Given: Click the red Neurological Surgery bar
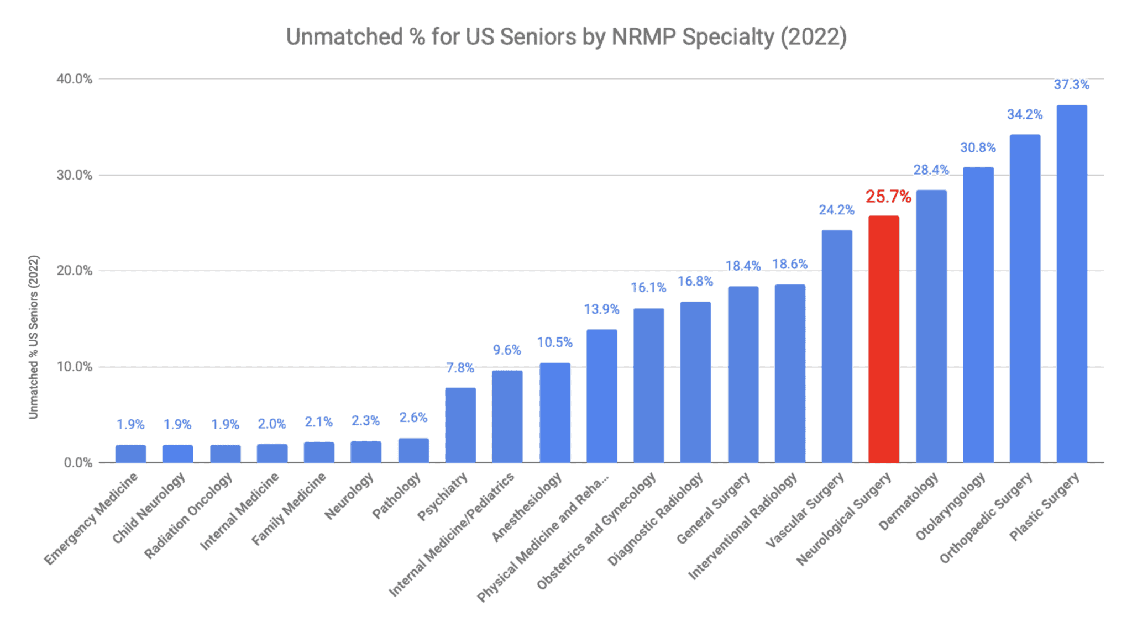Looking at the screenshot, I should pyautogui.click(x=883, y=339).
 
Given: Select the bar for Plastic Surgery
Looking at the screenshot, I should pyautogui.click(x=1071, y=284).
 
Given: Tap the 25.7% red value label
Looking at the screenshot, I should pyautogui.click(x=888, y=197).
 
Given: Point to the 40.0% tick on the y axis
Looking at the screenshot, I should pyautogui.click(x=74, y=79).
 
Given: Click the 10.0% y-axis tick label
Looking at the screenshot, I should pyautogui.click(x=74, y=367).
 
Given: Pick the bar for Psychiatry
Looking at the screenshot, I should pyautogui.click(x=460, y=425).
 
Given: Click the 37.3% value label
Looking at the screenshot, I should pyautogui.click(x=1071, y=85).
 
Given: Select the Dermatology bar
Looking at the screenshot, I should pyautogui.click(x=931, y=326).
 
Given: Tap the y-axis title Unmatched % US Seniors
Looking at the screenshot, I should pyautogui.click(x=34, y=337).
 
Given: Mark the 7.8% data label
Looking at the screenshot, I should pyautogui.click(x=460, y=368).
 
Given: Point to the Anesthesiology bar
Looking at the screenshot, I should pyautogui.click(x=554, y=413).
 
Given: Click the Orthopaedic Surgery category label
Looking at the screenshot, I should pyautogui.click(x=986, y=517).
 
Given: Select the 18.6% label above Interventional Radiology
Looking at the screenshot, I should pyautogui.click(x=789, y=264).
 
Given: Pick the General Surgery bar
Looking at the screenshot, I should pyautogui.click(x=743, y=374).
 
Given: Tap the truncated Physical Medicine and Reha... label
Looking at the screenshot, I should pyautogui.click(x=543, y=537).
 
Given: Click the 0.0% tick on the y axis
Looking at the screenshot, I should pyautogui.click(x=77, y=463).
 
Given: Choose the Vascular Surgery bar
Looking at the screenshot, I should pyautogui.click(x=836, y=346).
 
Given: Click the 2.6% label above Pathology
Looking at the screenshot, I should pyautogui.click(x=413, y=418).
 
